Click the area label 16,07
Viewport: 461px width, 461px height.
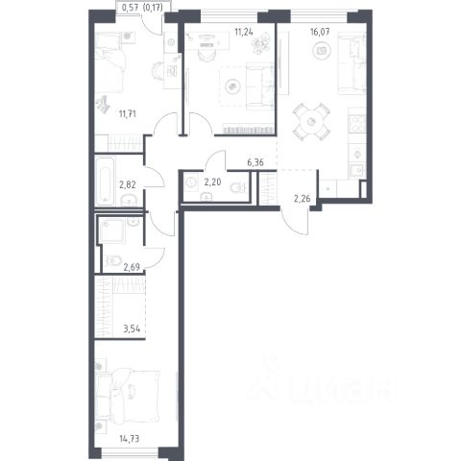coord(320,32)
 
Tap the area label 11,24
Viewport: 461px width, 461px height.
coord(244,32)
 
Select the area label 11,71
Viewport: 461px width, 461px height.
coord(128,114)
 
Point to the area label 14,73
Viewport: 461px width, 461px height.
coord(130,439)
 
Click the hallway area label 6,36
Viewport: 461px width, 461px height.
coord(255,162)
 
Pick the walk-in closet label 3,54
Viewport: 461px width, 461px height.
coord(132,328)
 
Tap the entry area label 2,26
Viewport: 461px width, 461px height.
coord(302,199)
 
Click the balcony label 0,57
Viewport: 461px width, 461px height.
coord(131,7)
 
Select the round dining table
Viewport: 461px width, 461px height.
coord(311,122)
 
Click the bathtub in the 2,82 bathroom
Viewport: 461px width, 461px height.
coord(105,182)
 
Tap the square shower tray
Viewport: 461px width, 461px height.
coord(111,231)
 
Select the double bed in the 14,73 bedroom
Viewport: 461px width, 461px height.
coord(128,395)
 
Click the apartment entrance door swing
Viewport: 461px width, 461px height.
coord(295,222)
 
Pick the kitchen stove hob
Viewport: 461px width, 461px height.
coord(357,124)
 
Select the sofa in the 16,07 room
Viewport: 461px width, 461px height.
coord(352,63)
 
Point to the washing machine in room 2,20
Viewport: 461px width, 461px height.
coord(191,182)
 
